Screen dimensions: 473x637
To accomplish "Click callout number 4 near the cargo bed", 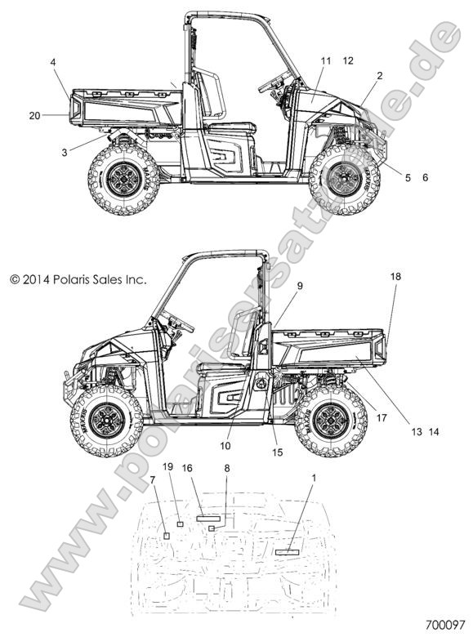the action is (53, 62).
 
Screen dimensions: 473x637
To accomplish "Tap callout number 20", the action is (34, 116).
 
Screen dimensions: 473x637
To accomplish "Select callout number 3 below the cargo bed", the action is (65, 153).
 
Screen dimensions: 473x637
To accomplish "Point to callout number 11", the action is (326, 61).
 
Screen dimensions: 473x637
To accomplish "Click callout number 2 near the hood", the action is (380, 76).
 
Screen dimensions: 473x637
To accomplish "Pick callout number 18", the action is (395, 277).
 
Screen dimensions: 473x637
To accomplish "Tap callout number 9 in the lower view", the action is (300, 286).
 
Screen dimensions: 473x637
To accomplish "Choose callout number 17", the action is (382, 417).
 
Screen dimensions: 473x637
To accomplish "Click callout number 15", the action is (278, 452).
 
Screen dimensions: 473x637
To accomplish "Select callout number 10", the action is (225, 446).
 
